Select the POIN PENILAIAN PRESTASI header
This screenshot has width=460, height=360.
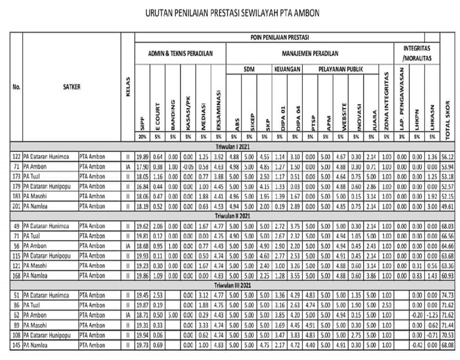pos(287,37)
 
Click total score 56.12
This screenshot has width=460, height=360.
pos(448,155)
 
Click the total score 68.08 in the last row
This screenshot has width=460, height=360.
pos(448,345)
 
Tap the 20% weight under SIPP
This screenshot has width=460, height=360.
pos(141,138)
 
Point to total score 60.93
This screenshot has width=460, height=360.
pos(448,275)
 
